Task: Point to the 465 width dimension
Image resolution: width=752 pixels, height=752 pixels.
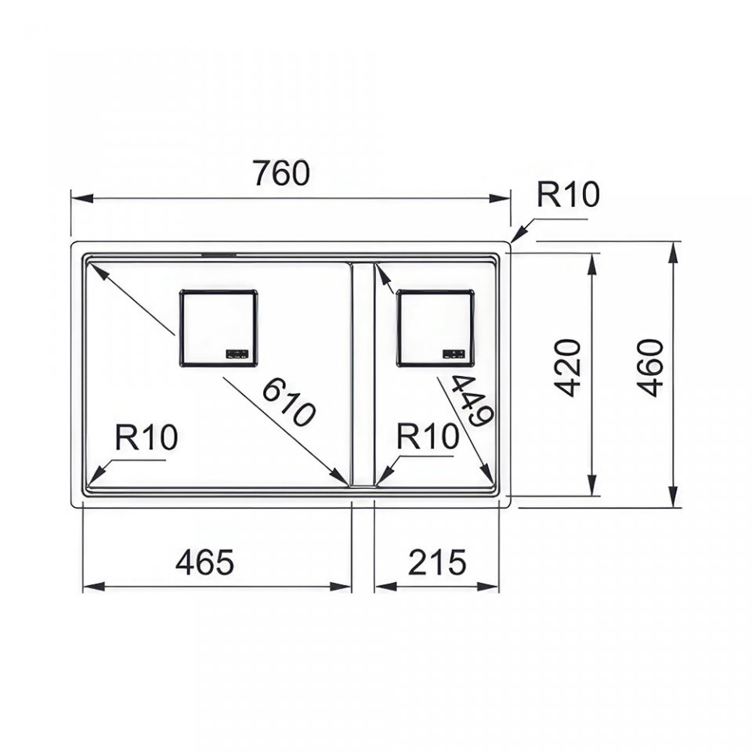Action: pyautogui.click(x=204, y=562)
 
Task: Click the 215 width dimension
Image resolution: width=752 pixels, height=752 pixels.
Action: pyautogui.click(x=437, y=562)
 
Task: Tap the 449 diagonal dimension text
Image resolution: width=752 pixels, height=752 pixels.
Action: pyautogui.click(x=472, y=400)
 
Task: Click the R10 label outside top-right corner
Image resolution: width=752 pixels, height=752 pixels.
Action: pyautogui.click(x=568, y=194)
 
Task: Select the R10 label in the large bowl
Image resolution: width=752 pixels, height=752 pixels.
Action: pyautogui.click(x=146, y=437)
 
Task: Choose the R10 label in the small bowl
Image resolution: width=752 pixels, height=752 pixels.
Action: pyautogui.click(x=428, y=436)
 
